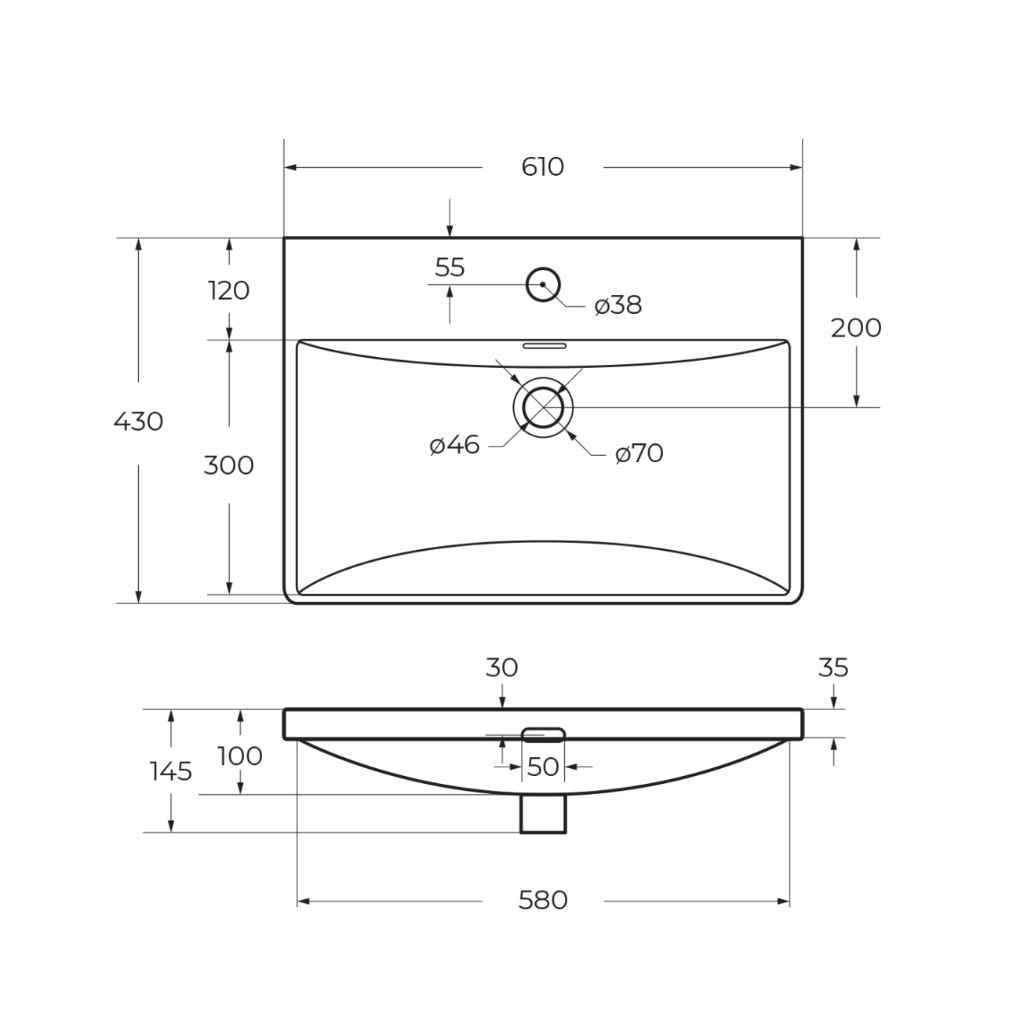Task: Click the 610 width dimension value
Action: point(542,167)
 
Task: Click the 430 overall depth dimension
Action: point(139,422)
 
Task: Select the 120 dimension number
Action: point(228,290)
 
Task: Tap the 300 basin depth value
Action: point(228,466)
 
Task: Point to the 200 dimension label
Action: point(856,328)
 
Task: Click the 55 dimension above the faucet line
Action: point(450,268)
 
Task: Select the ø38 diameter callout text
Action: point(617,305)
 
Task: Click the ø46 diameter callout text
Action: point(454,445)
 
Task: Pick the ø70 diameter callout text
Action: point(639,454)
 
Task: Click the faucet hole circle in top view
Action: point(543,268)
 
